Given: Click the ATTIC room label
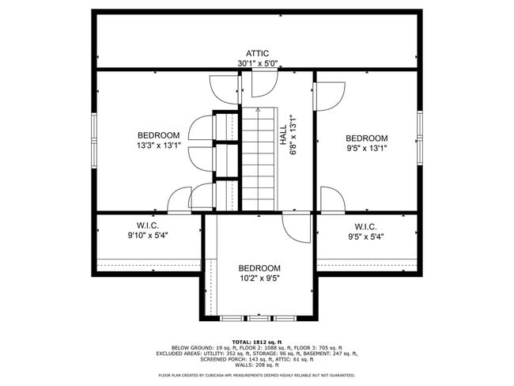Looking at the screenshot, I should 257,53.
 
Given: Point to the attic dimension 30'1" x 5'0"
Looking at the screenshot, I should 257,63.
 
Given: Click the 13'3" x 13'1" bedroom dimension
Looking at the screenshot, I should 158,146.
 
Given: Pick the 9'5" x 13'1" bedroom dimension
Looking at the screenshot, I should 366,148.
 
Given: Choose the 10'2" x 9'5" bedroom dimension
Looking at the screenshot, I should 259,278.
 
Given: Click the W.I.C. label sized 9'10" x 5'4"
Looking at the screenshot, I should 147,225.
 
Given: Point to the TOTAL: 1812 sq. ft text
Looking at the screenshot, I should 257,340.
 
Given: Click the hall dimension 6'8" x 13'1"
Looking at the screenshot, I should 293,135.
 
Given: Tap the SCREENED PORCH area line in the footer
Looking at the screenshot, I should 257,359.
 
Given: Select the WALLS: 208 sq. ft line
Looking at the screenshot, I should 257,365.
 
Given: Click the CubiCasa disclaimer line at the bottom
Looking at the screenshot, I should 257,376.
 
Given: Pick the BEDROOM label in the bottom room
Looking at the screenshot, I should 259,268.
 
